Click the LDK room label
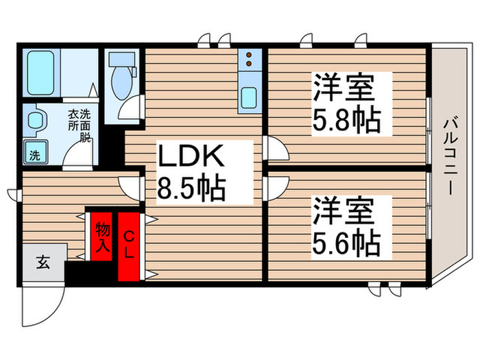click(x=192, y=158)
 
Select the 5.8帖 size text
click(x=348, y=121)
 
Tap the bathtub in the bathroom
click(x=43, y=71)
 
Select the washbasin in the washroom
click(x=34, y=121)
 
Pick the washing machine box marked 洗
click(x=34, y=154)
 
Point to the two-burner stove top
click(x=248, y=60)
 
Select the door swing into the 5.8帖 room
click(x=276, y=147)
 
